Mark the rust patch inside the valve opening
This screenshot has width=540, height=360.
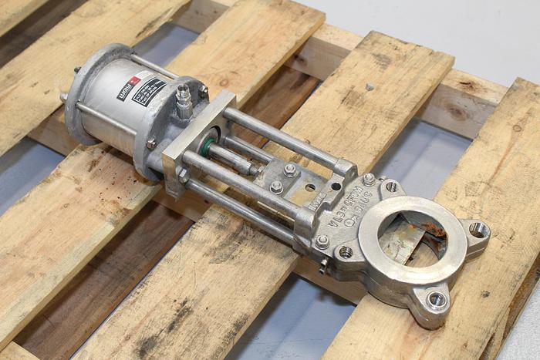[x=432, y=230]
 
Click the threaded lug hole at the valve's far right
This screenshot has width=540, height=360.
[x=479, y=229]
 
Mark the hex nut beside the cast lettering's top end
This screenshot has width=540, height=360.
[x=370, y=179]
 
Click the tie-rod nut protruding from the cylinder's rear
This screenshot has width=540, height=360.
[x=63, y=97]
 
